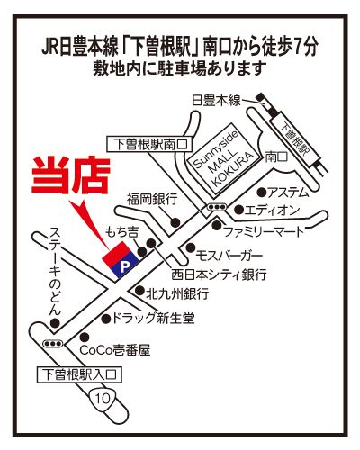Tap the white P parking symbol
click(x=124, y=266)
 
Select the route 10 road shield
click(x=103, y=398)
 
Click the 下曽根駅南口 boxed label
click(x=149, y=144)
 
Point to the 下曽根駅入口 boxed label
click(x=79, y=374)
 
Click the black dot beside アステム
click(x=262, y=192)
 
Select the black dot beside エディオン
click(x=238, y=210)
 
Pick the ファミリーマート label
click(x=264, y=232)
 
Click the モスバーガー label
click(x=229, y=256)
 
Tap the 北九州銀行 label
click(x=177, y=293)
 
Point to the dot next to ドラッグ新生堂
click(x=106, y=319)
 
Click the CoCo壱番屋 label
click(x=115, y=350)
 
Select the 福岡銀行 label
click(x=152, y=199)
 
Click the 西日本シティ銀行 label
click(x=219, y=274)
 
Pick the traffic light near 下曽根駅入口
click(x=53, y=343)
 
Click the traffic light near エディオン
click(x=217, y=207)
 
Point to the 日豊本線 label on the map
click(x=216, y=100)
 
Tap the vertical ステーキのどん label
click(x=55, y=271)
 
